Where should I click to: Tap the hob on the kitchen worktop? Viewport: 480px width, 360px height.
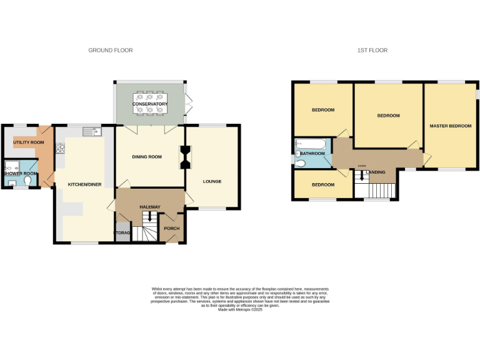(61, 149)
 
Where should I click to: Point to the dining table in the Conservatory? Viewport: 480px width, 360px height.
(149, 103)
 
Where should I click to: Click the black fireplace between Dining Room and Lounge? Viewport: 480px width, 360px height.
(185, 157)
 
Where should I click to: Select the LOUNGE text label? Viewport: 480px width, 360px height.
(212, 182)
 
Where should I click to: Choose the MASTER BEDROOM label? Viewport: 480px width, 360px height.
(450, 126)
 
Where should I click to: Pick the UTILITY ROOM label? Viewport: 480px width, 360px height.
(29, 142)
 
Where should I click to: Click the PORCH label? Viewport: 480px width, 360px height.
(171, 228)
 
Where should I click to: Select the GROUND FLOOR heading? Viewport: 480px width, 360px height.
(110, 50)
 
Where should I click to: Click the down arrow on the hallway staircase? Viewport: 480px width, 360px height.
(149, 217)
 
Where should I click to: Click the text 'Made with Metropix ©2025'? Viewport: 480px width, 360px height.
(240, 309)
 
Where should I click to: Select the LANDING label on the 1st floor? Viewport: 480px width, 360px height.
(376, 172)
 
